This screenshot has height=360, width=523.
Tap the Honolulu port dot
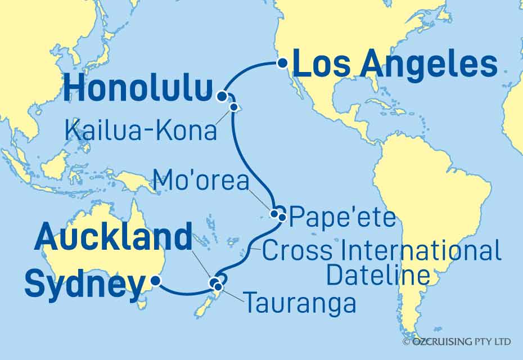pos(223,96)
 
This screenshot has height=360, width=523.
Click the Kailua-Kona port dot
pos(232,106)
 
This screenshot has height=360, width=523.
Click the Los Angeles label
pos(395,65)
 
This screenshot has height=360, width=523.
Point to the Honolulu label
pos(138,90)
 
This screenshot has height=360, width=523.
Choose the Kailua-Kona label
pos(141,130)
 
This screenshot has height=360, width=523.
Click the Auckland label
pos(113,238)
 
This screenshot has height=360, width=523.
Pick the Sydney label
pos(84,284)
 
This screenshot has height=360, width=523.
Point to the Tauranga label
pos(300,304)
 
